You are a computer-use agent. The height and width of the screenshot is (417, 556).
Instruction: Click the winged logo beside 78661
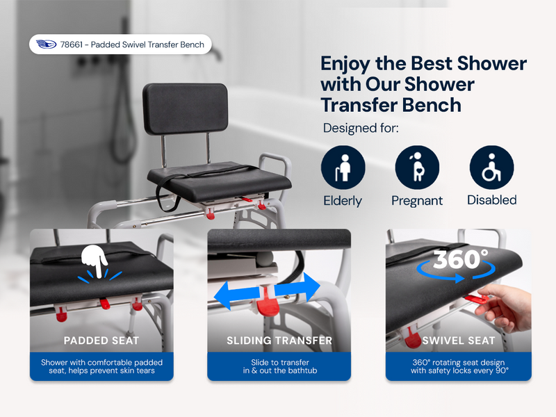click(x=46, y=44)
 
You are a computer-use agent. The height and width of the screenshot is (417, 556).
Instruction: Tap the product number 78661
click(x=72, y=44)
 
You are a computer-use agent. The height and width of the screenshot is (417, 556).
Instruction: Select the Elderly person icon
click(x=343, y=167)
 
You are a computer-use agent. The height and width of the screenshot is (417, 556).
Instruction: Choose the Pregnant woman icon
click(x=418, y=167)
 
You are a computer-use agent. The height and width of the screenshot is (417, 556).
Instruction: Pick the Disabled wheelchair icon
click(x=492, y=167)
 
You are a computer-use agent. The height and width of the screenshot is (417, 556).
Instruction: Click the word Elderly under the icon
click(x=343, y=201)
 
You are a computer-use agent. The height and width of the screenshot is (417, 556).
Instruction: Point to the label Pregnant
click(x=417, y=201)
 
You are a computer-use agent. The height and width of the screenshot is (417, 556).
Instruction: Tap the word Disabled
click(x=492, y=200)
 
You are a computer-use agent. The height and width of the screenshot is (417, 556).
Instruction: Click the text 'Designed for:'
click(x=361, y=128)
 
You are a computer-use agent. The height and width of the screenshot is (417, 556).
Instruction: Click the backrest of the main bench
click(x=185, y=109)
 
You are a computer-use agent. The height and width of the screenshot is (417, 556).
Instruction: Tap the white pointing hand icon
click(x=95, y=261)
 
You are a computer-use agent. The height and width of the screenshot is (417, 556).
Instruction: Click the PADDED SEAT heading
click(x=101, y=341)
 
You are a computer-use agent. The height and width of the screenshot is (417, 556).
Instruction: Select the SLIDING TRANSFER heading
click(x=279, y=341)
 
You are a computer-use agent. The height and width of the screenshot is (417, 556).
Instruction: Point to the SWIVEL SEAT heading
click(x=459, y=341)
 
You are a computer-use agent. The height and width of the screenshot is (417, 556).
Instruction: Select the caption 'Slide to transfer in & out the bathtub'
click(x=280, y=367)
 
